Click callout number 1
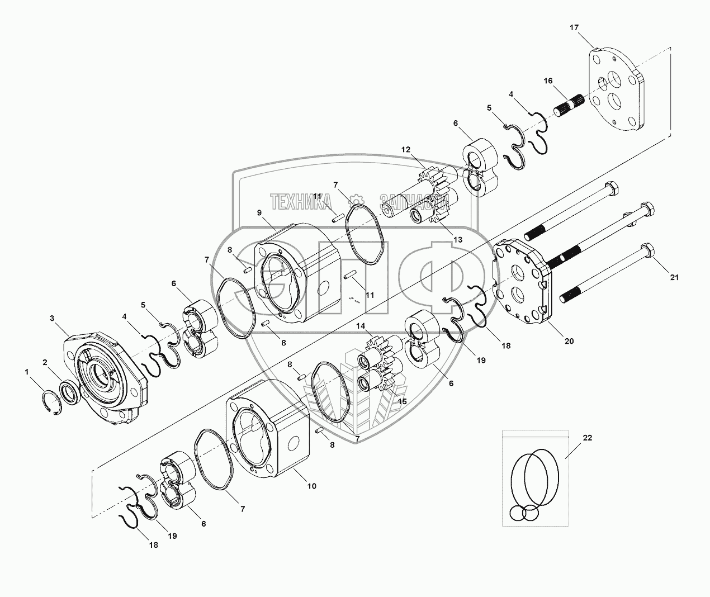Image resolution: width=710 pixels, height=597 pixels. pos(27,372)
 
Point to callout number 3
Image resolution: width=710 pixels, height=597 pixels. pos(52,318)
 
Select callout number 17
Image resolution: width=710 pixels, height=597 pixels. pos(574,27)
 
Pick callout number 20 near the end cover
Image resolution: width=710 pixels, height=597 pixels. pos(569,341)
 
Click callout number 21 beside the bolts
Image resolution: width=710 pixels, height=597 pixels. pos(674,277)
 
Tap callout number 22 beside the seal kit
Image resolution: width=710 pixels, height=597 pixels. pos(587,438)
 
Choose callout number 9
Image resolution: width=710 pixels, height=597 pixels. pos(259,213)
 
